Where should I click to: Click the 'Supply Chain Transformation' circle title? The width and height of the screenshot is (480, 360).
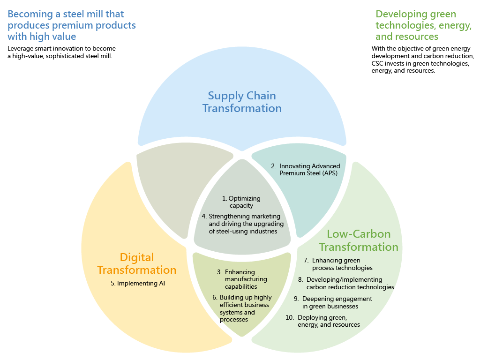click(x=242, y=102)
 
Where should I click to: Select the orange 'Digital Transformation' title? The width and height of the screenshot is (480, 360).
click(x=137, y=263)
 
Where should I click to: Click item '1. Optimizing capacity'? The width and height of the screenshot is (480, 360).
click(x=241, y=202)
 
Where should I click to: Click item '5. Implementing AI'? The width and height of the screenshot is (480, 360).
click(x=138, y=283)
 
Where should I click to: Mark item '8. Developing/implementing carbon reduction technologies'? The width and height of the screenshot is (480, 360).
click(x=346, y=283)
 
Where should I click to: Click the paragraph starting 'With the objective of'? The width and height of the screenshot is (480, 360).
click(x=422, y=60)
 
